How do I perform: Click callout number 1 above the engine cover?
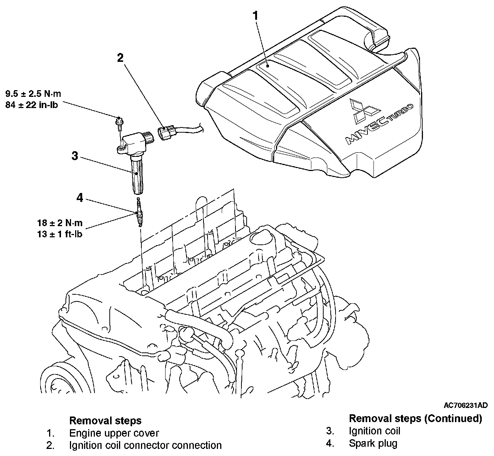(255, 16)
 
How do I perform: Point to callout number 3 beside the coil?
(75, 156)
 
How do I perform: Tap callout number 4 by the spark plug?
(80, 197)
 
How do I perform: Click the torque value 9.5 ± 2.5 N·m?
(33, 94)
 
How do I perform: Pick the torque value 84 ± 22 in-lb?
(32, 105)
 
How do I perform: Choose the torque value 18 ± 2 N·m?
(60, 223)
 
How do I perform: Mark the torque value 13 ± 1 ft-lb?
(60, 234)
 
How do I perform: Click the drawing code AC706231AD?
(465, 405)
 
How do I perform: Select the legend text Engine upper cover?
(114, 433)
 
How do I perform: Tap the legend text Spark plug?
(373, 443)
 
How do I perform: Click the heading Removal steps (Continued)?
(416, 418)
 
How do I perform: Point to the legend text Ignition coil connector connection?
(145, 445)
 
